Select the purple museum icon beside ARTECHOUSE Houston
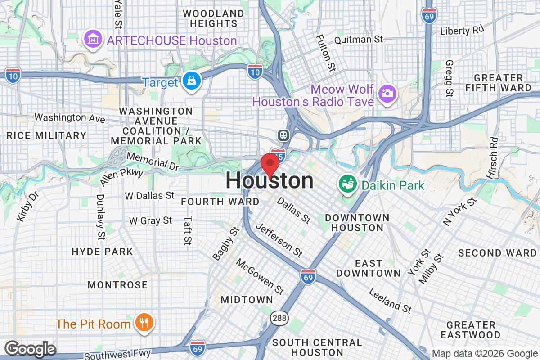(93, 40)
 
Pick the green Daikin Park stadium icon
(348, 184)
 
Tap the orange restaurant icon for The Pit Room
(144, 323)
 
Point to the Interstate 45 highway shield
(279, 153)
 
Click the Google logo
(30, 349)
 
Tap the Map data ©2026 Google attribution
(484, 354)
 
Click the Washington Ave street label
(70, 118)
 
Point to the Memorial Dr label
(153, 162)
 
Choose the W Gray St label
(151, 220)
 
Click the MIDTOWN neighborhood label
(247, 300)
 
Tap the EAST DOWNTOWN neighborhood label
(368, 268)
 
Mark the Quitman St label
(359, 40)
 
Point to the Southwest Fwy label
(117, 354)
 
